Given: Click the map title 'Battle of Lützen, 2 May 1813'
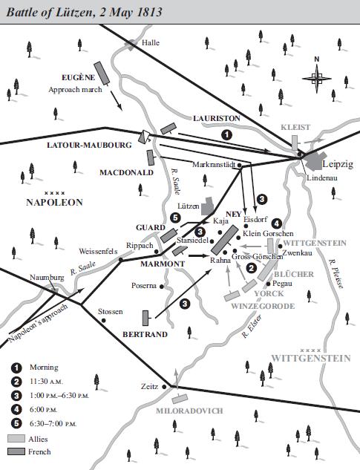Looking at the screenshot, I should point(82,12).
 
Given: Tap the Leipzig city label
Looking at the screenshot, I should point(340,163).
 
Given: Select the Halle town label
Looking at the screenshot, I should point(151,43).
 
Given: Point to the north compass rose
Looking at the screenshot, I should point(317,72).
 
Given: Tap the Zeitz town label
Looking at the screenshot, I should point(149,387).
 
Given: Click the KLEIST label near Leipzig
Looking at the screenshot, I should point(295,127).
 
